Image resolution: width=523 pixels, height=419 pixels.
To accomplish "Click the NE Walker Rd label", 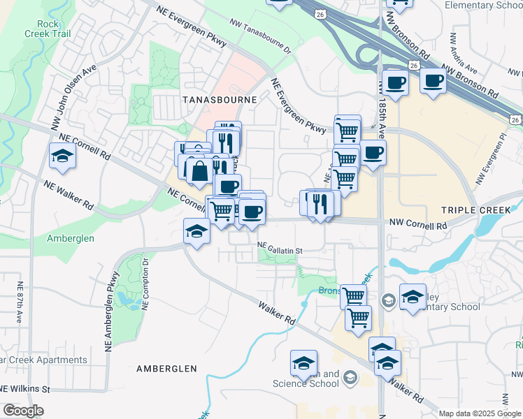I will [x=69, y=196].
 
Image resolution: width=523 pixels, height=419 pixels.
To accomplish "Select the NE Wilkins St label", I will [x=25, y=388].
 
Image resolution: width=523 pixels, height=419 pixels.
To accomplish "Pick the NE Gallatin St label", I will [x=279, y=249].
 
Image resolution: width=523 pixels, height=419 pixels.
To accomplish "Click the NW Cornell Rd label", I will [x=413, y=226].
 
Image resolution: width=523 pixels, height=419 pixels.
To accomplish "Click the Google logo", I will [x=23, y=411].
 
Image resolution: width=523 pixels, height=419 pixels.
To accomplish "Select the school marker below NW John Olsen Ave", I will [x=62, y=156].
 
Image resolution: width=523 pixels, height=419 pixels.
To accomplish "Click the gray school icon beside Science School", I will [x=350, y=378].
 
